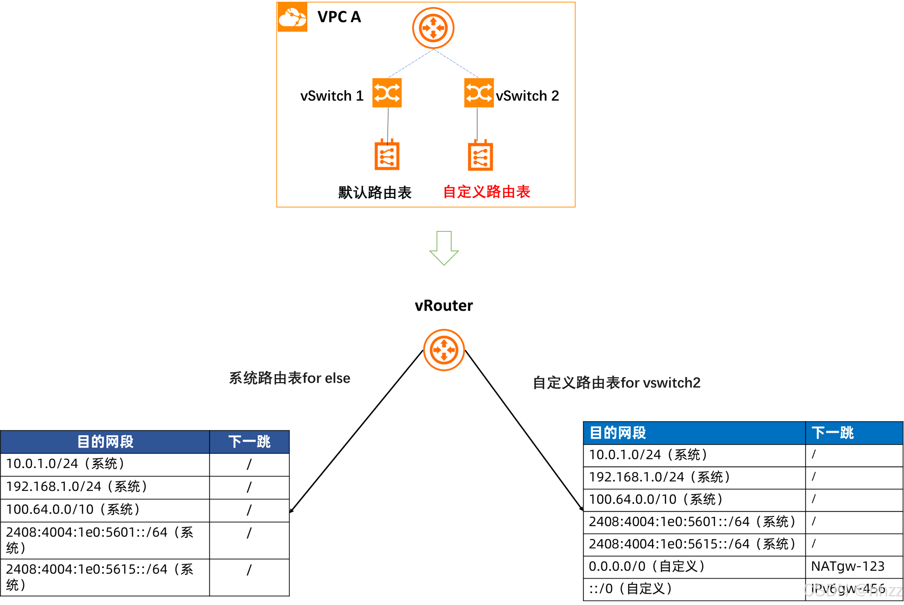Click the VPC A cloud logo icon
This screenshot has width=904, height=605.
pyautogui.click(x=292, y=17)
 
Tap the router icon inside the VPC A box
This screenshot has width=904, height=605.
pyautogui.click(x=433, y=28)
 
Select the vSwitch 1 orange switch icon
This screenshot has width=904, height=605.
pyautogui.click(x=387, y=93)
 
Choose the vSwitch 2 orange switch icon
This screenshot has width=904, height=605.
pyautogui.click(x=478, y=93)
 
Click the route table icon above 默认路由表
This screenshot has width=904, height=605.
pyautogui.click(x=387, y=155)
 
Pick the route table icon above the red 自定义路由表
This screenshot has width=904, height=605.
pyautogui.click(x=480, y=156)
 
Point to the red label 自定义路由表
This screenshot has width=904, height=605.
pyautogui.click(x=487, y=192)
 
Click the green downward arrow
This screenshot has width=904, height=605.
pyautogui.click(x=444, y=248)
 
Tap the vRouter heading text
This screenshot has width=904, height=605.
pyautogui.click(x=444, y=305)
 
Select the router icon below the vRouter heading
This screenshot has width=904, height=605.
pyautogui.click(x=444, y=350)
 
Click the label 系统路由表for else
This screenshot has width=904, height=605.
pyautogui.click(x=290, y=378)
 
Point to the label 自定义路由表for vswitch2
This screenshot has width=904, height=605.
pyautogui.click(x=616, y=383)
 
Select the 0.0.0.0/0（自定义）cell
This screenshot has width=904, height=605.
pyautogui.click(x=647, y=567)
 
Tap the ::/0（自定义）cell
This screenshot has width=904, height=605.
pyautogui.click(x=631, y=589)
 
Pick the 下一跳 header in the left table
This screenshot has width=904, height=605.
pyautogui.click(x=249, y=442)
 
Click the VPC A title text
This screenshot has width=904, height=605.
pyautogui.click(x=339, y=17)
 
